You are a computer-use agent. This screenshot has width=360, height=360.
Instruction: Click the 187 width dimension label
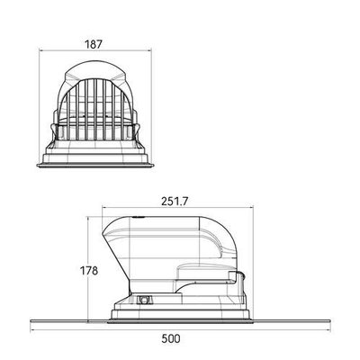pos(94,44)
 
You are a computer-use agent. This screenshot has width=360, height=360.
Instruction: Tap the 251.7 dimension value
pos(175,202)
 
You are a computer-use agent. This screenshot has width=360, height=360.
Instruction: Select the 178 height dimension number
pos(89,271)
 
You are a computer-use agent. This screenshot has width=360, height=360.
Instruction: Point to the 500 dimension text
pos(171,338)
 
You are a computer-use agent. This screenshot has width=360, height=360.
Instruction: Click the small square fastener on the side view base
pos(143,300)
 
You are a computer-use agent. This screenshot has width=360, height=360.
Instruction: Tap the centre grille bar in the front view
pos(95,110)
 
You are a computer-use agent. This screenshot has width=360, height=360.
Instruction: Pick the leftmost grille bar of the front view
pos(68,115)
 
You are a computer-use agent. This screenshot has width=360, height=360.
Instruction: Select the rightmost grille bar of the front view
pos(122,115)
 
